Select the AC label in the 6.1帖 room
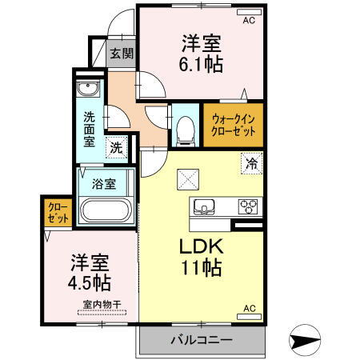tap(248, 20)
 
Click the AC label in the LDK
tap(249, 309)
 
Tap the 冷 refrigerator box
tap(252, 165)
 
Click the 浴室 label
tap(105, 182)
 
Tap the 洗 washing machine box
tap(117, 148)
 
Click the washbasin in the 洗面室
tap(87, 88)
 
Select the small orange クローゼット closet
tap(57, 211)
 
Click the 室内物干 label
tap(101, 305)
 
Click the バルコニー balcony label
tap(201, 340)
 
